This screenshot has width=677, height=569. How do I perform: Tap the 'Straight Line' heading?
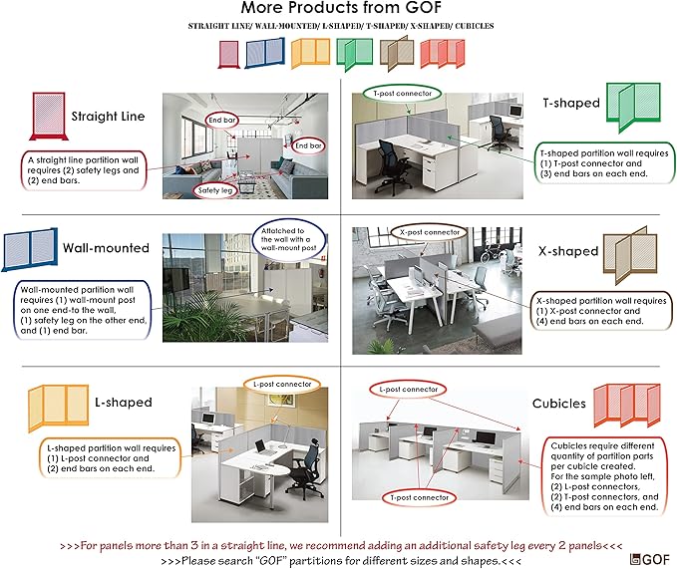[x=108, y=117]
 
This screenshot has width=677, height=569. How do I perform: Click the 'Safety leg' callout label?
[x=216, y=189]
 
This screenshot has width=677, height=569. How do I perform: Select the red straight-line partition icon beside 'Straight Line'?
[x=47, y=118]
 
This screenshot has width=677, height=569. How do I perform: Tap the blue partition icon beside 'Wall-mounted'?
[x=29, y=249]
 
